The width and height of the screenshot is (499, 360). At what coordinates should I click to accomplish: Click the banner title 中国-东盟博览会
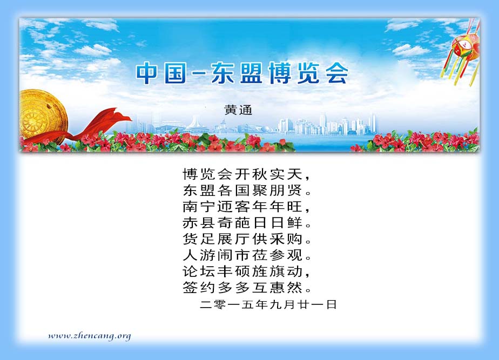[242, 73]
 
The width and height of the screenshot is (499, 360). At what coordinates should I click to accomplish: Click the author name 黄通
[238, 110]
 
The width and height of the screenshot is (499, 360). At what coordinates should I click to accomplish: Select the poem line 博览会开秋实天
[246, 174]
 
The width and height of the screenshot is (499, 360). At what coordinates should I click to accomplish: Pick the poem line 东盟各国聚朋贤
[247, 191]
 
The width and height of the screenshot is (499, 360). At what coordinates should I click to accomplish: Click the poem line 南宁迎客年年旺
[246, 207]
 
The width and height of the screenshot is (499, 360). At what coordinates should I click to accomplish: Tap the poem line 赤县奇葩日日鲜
[247, 223]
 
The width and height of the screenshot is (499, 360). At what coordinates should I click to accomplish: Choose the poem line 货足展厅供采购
[247, 239]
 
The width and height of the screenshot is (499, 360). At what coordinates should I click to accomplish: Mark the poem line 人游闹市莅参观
[247, 255]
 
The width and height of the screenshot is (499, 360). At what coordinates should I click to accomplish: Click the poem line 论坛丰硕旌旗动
[246, 271]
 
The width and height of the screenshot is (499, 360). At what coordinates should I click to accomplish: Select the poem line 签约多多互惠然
[247, 288]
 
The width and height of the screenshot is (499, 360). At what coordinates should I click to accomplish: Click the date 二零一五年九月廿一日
[268, 304]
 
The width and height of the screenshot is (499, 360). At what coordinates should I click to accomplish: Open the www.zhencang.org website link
[90, 336]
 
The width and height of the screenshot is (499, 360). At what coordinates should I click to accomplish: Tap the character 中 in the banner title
[147, 73]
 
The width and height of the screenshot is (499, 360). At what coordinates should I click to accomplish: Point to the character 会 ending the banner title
[337, 73]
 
